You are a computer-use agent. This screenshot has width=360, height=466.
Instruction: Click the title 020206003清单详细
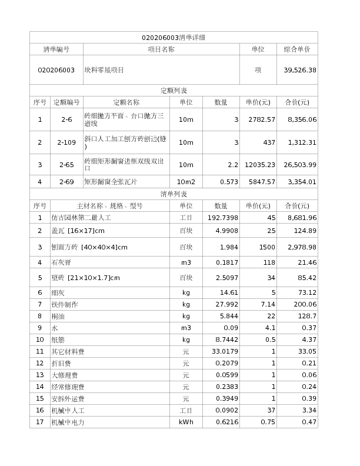[174, 38]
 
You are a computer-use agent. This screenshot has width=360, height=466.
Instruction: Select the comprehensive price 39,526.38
[300, 70]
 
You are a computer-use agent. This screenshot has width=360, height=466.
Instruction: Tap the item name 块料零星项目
[104, 70]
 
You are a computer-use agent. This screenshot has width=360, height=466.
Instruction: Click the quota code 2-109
[66, 142]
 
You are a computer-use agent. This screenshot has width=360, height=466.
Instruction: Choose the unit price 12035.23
[260, 165]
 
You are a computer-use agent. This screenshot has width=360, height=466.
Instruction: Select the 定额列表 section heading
[174, 91]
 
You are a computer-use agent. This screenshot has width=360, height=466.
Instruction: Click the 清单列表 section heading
[174, 194]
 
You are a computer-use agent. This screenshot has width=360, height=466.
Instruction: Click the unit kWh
[185, 422]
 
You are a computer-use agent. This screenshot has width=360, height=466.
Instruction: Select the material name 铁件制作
[64, 304]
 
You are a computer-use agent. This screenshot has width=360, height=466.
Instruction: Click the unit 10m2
[185, 182]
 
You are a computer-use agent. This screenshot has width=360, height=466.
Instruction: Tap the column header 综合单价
[297, 49]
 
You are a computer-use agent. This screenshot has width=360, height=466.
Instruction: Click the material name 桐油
[58, 316]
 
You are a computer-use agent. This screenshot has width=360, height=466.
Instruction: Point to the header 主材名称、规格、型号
[109, 206]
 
